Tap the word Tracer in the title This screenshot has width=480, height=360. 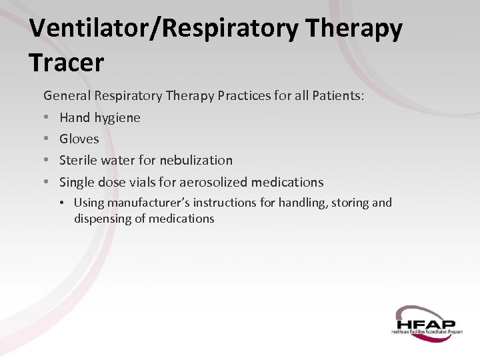click(x=67, y=63)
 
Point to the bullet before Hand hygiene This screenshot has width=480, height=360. click(x=46, y=118)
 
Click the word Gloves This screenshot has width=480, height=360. click(x=79, y=139)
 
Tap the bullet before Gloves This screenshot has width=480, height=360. click(x=46, y=139)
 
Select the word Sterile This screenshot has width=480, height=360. click(x=77, y=160)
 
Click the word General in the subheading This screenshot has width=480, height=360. click(x=67, y=96)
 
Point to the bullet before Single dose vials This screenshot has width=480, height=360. click(x=46, y=183)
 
